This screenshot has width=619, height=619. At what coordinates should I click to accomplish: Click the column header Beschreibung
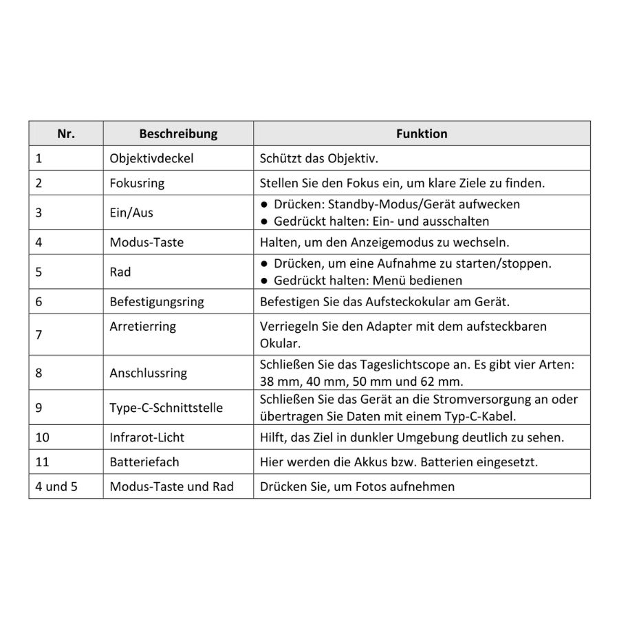pyautogui.click(x=178, y=134)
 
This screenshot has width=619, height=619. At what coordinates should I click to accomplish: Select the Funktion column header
pyautogui.click(x=422, y=134)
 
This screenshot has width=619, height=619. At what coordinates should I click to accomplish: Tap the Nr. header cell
pyautogui.click(x=66, y=134)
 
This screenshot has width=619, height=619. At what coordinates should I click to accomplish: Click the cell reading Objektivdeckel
pyautogui.click(x=151, y=158)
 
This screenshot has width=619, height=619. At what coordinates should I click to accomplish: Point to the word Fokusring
pyautogui.click(x=137, y=184)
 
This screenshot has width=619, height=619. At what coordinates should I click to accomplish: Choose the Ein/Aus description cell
pyautogui.click(x=131, y=213)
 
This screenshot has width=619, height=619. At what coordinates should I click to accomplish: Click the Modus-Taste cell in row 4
pyautogui.click(x=146, y=242)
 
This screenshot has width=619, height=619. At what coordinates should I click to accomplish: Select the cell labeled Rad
pyautogui.click(x=120, y=272)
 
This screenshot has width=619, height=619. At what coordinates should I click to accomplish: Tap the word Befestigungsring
pyautogui.click(x=157, y=301)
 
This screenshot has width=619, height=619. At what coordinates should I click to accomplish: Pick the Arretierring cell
pyautogui.click(x=142, y=327)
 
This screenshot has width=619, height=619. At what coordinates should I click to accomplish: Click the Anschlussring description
pyautogui.click(x=148, y=373)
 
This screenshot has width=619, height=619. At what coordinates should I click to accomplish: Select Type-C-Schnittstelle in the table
pyautogui.click(x=166, y=408)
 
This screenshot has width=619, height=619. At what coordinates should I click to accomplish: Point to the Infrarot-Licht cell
pyautogui.click(x=147, y=437)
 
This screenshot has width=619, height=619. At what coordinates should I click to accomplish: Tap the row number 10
pyautogui.click(x=43, y=437)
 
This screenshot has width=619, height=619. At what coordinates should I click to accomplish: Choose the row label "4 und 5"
pyautogui.click(x=57, y=486)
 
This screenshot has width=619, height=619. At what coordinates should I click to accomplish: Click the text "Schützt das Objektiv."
pyautogui.click(x=319, y=158)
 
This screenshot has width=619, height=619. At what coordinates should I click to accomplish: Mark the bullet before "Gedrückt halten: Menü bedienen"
pyautogui.click(x=264, y=281)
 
